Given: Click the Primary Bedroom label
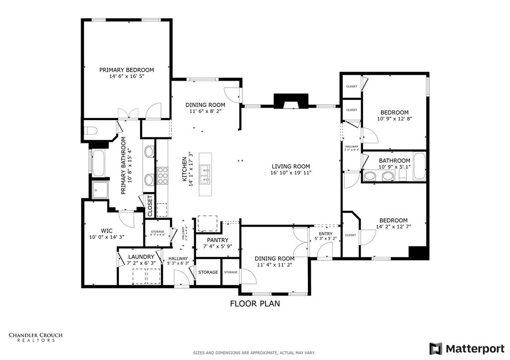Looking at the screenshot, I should tap(127, 70).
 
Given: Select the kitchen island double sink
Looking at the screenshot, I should tap(204, 174).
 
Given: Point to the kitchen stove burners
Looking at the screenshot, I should tap(162, 175).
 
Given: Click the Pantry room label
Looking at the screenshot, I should tap(218, 240).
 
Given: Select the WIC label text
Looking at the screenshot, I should tap(107, 231).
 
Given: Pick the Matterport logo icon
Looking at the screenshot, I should tap(435, 348).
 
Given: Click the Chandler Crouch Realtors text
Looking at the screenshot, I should tap(36, 338).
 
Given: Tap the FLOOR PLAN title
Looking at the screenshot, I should tap(255, 303).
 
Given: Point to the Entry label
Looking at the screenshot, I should tap(326, 234).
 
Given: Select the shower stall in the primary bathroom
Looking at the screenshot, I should tap(102, 189).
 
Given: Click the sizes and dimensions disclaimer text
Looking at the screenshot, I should tap(254, 353).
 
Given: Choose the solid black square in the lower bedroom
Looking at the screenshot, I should tap(418, 253).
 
